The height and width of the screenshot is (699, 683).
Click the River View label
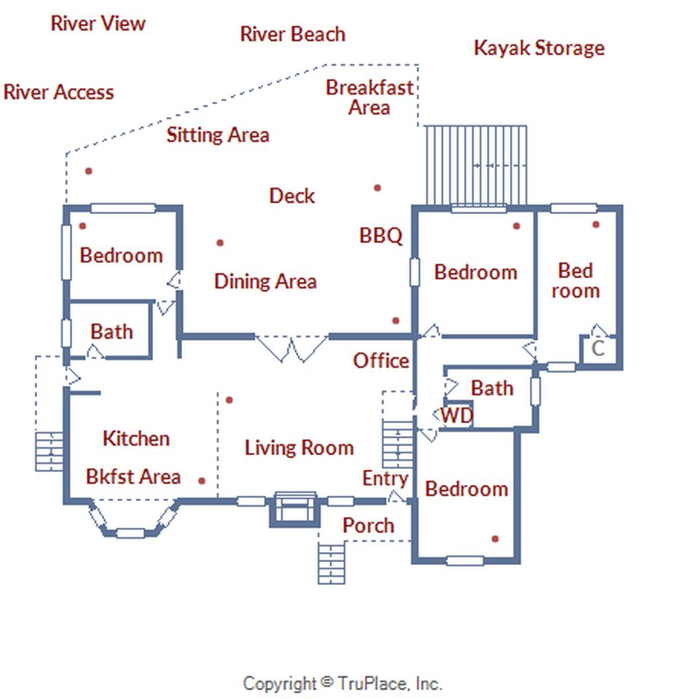[98, 23]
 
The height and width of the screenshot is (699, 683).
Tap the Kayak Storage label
[539, 48]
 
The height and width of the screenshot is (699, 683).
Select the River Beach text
[293, 34]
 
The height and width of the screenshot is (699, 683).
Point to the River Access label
[58, 92]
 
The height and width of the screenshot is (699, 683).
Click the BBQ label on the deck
[380, 235]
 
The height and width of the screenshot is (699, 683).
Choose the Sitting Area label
[218, 135]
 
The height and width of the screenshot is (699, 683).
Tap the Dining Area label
[265, 281]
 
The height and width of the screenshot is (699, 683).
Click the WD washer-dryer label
[457, 416]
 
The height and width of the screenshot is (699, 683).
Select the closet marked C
[598, 349]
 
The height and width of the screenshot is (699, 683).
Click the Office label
[380, 360]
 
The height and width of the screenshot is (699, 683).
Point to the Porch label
[368, 526]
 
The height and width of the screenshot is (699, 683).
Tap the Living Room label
[299, 448]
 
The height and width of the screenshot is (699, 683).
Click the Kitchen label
[136, 438]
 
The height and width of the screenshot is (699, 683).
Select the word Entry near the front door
[385, 479]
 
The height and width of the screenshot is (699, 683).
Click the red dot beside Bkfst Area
[202, 481]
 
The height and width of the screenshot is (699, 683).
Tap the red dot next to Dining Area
[220, 243]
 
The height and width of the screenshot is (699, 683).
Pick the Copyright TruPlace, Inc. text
[343, 684]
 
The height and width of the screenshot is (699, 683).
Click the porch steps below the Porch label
[331, 563]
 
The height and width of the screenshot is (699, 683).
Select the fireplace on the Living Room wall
[295, 509]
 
